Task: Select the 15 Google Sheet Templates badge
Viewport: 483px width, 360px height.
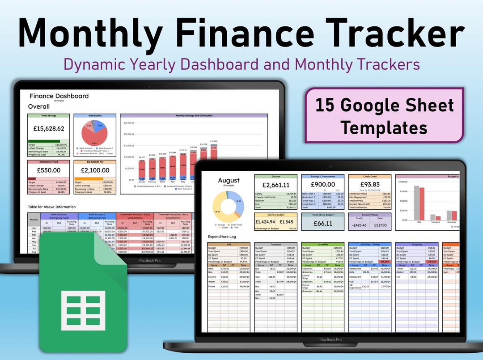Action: pyautogui.click(x=384, y=115)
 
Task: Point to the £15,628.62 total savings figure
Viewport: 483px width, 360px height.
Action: pyautogui.click(x=48, y=128)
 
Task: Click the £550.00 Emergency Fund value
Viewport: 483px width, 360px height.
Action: pyautogui.click(x=48, y=170)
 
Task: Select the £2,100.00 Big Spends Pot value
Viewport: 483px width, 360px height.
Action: pyautogui.click(x=94, y=170)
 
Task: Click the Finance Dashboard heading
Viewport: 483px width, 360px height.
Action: pyautogui.click(x=59, y=96)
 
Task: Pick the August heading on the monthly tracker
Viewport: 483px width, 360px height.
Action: pyautogui.click(x=229, y=180)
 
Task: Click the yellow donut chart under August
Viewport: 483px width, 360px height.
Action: pyautogui.click(x=229, y=207)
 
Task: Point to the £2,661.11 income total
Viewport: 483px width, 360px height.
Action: pyautogui.click(x=275, y=185)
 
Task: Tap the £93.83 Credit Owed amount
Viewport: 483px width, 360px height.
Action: pyautogui.click(x=369, y=184)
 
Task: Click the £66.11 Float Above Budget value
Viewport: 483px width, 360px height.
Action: pyautogui.click(x=322, y=224)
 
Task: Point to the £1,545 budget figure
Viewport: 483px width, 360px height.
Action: pyautogui.click(x=287, y=221)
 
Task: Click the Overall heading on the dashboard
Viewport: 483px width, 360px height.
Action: pyautogui.click(x=39, y=106)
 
